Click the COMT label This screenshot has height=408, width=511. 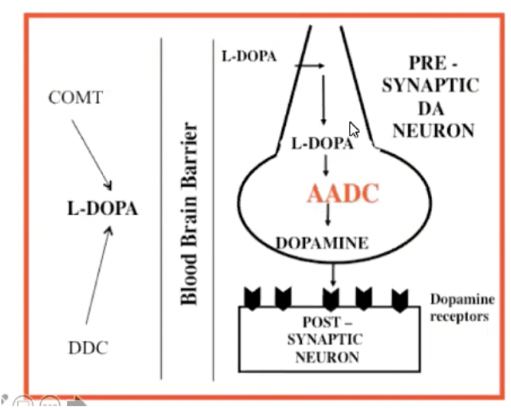pyautogui.click(x=75, y=97)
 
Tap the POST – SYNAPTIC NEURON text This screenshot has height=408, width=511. pyautogui.click(x=324, y=340)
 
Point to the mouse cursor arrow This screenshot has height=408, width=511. pyautogui.click(x=353, y=129)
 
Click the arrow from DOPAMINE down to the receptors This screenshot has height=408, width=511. pyautogui.click(x=333, y=272)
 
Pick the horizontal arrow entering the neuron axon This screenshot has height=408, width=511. pyautogui.click(x=310, y=65)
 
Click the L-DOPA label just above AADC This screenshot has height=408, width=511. pyautogui.click(x=322, y=144)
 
